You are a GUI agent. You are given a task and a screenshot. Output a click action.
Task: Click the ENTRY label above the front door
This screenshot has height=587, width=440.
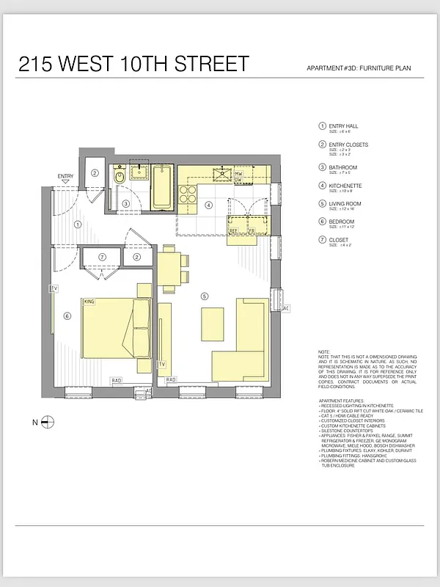click(65, 176)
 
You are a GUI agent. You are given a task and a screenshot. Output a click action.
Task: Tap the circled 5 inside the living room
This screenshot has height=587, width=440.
click(205, 296)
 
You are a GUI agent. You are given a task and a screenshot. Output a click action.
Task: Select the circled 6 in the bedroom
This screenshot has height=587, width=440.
click(67, 316)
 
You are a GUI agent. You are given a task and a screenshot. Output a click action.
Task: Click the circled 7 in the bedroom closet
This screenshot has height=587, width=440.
click(103, 257)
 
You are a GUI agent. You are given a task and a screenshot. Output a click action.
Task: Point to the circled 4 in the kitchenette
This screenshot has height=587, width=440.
click(208, 205)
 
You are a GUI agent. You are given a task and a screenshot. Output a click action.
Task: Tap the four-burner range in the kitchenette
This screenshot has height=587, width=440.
click(188, 195)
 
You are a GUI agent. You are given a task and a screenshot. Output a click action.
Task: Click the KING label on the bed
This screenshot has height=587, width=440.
click(90, 302)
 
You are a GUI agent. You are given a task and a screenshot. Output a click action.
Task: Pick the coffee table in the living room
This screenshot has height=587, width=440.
click(212, 324)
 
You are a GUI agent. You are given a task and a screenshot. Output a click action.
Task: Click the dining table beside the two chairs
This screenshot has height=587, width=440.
click(168, 268)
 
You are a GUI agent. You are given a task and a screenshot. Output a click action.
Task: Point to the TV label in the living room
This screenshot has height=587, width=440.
click(162, 364)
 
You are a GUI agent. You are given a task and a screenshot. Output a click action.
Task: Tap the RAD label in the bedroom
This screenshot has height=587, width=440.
click(116, 380)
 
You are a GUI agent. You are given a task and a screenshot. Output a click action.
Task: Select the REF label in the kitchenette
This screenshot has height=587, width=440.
click(233, 230)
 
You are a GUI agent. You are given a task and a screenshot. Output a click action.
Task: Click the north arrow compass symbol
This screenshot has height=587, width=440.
click(48, 421)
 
